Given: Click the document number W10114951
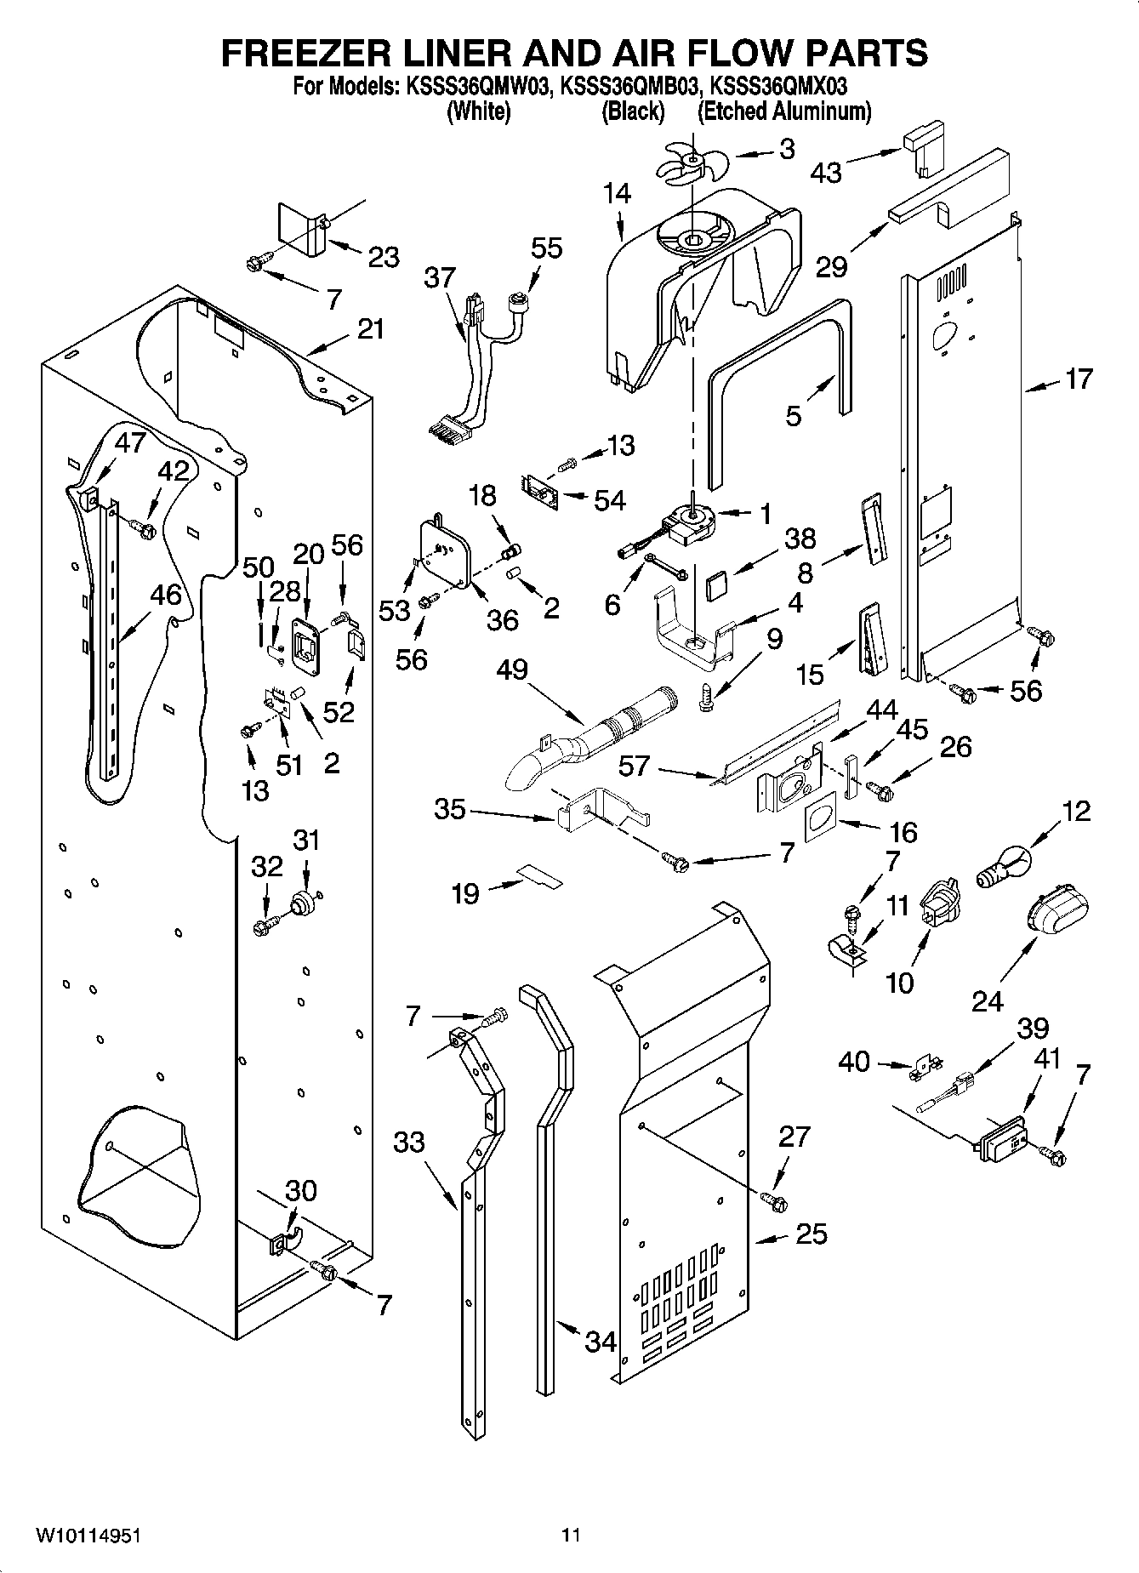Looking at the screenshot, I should point(88,1536).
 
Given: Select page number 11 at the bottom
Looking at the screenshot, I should point(570,1536).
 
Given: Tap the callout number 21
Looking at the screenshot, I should point(370,328).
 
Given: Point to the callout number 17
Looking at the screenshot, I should point(1079,379).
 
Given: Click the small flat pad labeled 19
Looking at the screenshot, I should point(541,875).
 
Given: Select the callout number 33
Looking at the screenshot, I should point(409,1142).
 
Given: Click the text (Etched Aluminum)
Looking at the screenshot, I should point(784,111).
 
